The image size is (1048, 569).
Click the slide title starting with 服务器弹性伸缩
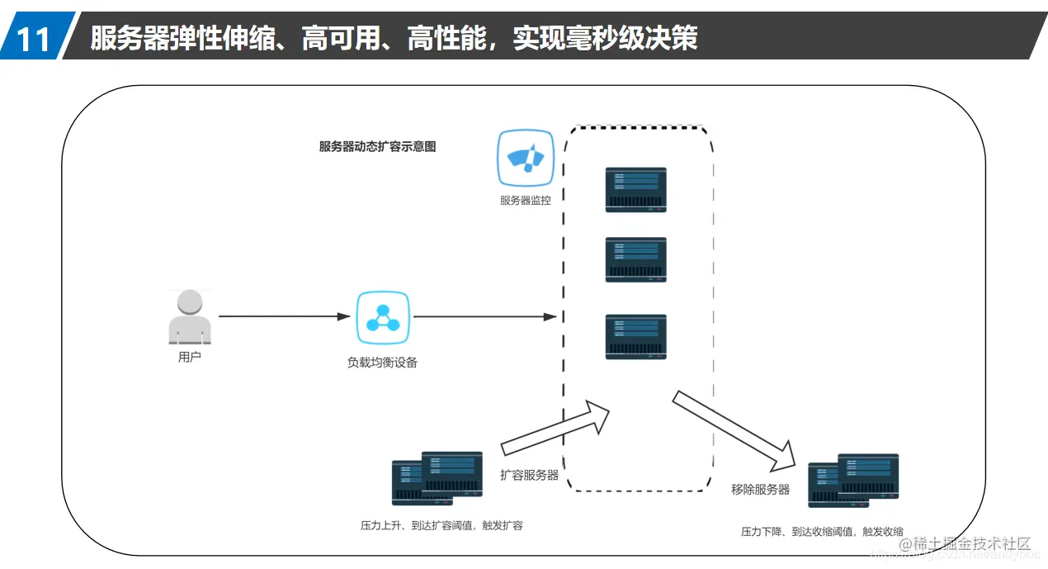(394, 38)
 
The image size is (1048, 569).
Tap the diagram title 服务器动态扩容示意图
(377, 146)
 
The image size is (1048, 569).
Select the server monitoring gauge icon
(525, 158)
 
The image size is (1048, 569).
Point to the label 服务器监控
(525, 200)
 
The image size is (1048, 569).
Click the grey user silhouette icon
(190, 316)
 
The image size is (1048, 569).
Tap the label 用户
(190, 358)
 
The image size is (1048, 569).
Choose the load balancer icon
(383, 318)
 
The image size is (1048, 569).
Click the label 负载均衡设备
(382, 362)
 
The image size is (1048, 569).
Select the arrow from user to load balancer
(285, 316)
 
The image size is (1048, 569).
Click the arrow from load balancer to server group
(484, 316)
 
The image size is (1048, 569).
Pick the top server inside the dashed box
(635, 189)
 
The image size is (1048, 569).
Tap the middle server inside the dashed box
(635, 259)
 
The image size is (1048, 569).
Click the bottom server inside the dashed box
(635, 336)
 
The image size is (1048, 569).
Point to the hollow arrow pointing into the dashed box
(557, 428)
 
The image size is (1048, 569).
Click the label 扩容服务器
(529, 475)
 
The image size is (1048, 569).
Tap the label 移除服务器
(760, 489)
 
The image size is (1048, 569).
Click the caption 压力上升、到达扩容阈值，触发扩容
(441, 525)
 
